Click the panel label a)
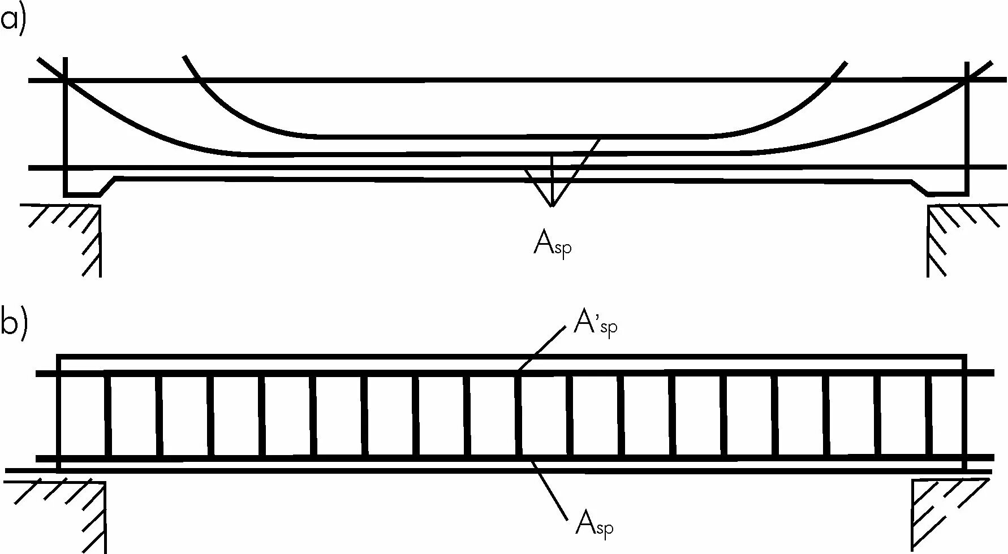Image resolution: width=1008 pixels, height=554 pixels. (12, 21)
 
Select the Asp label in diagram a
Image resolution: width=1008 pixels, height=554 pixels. (552, 245)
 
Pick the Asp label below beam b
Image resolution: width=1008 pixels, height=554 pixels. (594, 523)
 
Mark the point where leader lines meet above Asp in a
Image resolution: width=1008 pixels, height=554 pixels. (552, 206)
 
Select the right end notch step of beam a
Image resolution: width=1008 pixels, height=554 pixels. (920, 187)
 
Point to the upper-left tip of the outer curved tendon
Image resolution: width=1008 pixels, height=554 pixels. (38, 59)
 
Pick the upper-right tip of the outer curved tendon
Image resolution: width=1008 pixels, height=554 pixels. (991, 62)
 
